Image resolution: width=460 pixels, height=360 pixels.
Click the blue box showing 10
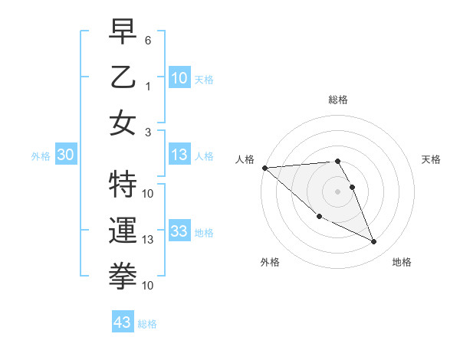pyautogui.click(x=179, y=77)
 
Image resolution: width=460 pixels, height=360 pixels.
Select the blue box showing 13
pyautogui.click(x=179, y=155)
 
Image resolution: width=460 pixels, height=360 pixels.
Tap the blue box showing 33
pyautogui.click(x=179, y=231)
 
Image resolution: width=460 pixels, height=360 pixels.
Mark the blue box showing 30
pyautogui.click(x=66, y=155)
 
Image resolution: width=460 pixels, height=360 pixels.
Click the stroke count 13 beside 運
pyautogui.click(x=148, y=239)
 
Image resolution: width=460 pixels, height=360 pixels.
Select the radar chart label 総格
pyautogui.click(x=337, y=100)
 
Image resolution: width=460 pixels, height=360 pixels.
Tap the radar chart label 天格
pyautogui.click(x=431, y=159)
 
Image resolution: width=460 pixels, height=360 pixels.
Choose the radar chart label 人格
pyautogui.click(x=245, y=159)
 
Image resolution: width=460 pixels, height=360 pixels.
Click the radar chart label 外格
pyautogui.click(x=270, y=262)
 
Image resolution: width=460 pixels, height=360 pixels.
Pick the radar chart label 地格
pyautogui.click(x=402, y=262)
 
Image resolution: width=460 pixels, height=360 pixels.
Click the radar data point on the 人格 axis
pyautogui.click(x=264, y=168)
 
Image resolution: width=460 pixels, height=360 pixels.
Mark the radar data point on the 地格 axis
pyautogui.click(x=374, y=242)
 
